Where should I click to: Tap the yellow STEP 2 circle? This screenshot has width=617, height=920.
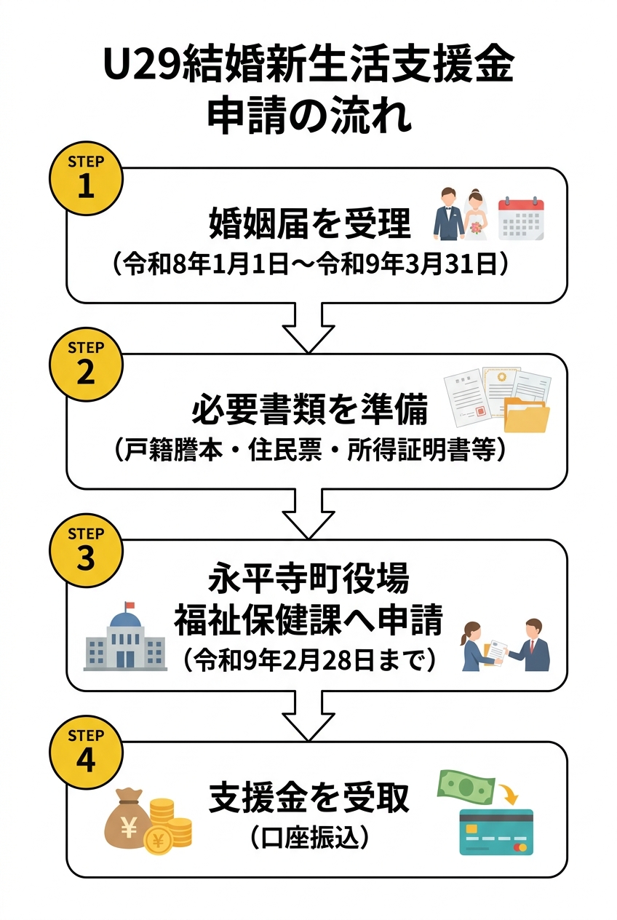point(86,364)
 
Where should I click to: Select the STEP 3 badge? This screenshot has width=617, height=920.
point(86,550)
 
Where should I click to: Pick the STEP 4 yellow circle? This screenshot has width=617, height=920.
point(86,752)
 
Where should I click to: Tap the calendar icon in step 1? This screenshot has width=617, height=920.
point(521,218)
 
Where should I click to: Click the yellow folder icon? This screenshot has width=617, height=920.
point(527,416)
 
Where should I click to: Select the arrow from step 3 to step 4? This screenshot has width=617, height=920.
point(308,714)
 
